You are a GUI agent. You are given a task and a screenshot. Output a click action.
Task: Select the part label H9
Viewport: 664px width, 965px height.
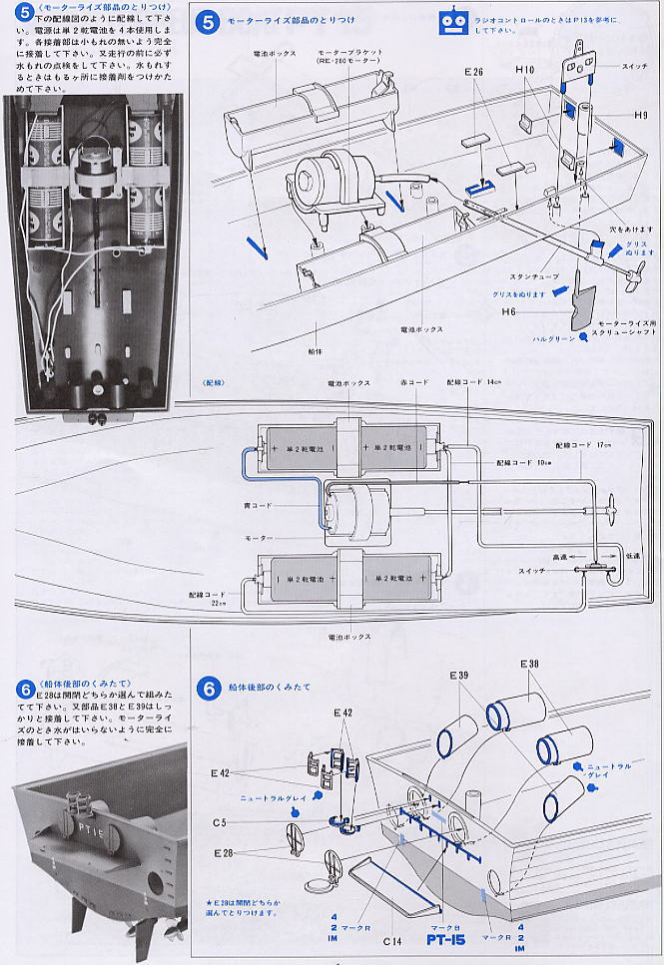point(640,115)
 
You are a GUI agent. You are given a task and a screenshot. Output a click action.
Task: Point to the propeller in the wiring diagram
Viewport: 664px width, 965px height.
point(611,511)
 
